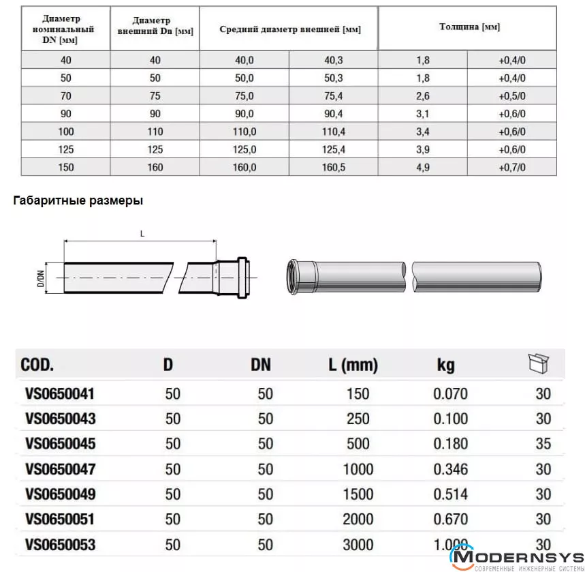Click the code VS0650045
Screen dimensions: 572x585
click(60, 444)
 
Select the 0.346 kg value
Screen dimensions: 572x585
click(450, 469)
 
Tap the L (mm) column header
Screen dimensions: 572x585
click(353, 365)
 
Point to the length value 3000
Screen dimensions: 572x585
click(358, 544)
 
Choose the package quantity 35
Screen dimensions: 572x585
click(543, 444)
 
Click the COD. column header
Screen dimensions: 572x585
click(37, 365)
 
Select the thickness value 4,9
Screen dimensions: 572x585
click(422, 167)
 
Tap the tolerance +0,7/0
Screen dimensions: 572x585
click(512, 167)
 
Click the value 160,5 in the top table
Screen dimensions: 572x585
click(334, 167)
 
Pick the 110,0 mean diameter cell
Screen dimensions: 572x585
click(244, 132)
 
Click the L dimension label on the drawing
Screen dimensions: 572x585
click(142, 234)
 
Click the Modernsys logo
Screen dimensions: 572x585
click(518, 558)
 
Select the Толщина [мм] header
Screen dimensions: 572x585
click(469, 27)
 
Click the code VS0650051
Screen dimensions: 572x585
click(60, 520)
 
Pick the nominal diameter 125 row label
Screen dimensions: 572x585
click(66, 149)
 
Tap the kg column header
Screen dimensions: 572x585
click(445, 365)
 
